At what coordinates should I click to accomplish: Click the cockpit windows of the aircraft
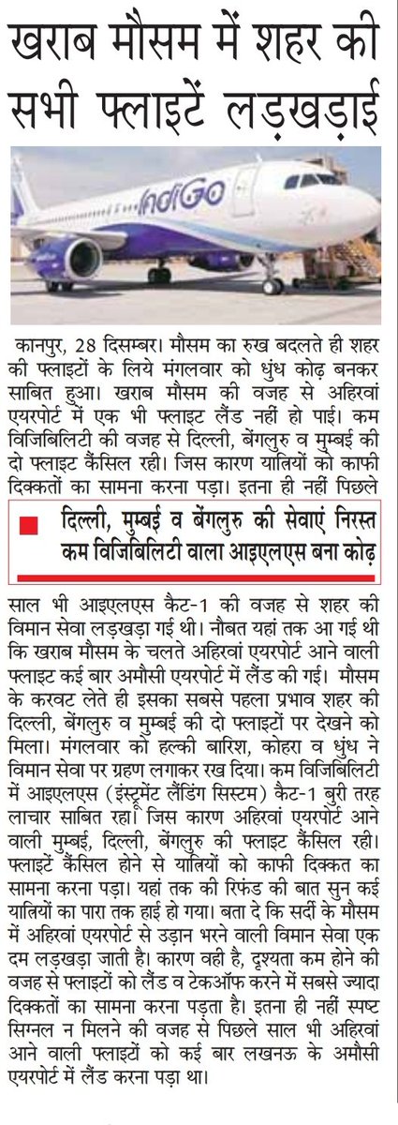pyautogui.click(x=310, y=180)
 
